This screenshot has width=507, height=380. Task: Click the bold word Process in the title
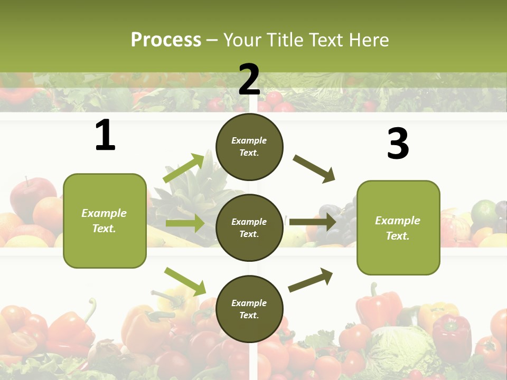[x=166, y=40]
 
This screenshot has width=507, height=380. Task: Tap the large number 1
[x=105, y=136]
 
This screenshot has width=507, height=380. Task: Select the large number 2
[x=249, y=79]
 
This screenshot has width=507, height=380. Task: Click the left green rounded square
[x=105, y=221]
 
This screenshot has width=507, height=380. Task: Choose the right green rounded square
[x=398, y=227]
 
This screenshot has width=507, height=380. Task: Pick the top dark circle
[x=249, y=146]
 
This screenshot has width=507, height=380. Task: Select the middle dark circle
[x=249, y=227]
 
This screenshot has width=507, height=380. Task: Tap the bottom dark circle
[x=249, y=309]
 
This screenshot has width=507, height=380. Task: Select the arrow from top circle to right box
[x=314, y=168]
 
